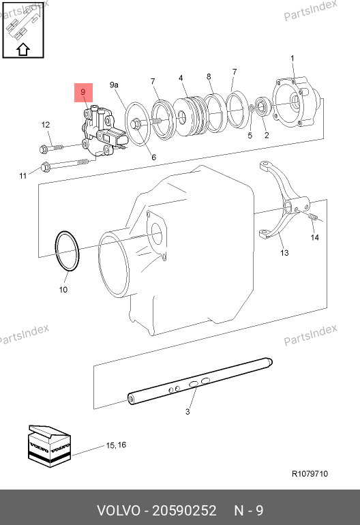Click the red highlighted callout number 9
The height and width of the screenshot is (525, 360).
(x=83, y=92)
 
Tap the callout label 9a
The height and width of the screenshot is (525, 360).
(x=114, y=85)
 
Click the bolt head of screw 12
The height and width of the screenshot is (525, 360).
(x=43, y=149)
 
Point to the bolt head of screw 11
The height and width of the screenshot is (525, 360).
(x=45, y=167)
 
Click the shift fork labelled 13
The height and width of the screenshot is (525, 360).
(x=284, y=201)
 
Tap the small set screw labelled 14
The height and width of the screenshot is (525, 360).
(x=312, y=217)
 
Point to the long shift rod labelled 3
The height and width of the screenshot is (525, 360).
(x=200, y=381)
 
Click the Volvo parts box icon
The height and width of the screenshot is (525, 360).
(x=49, y=447)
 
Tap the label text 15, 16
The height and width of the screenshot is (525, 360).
(x=116, y=445)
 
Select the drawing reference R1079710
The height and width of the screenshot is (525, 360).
(x=310, y=474)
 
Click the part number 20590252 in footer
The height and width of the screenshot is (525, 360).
(x=184, y=511)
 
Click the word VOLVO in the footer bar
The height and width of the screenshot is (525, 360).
(x=119, y=511)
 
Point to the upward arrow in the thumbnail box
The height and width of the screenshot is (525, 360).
(x=23, y=49)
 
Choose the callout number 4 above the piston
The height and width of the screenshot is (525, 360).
(x=181, y=78)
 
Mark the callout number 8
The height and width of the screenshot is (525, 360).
(x=209, y=76)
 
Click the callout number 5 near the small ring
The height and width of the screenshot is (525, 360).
(x=250, y=136)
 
